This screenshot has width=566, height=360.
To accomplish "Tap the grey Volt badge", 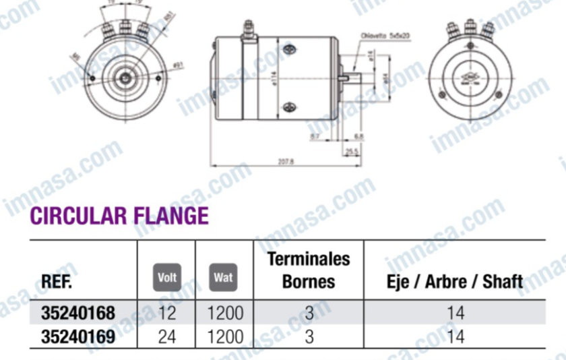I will click(x=166, y=277).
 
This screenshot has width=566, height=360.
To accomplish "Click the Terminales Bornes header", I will click(x=309, y=270).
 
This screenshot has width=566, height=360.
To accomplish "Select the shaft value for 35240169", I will click(x=455, y=334).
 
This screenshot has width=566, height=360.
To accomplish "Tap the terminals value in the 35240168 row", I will click(x=309, y=313).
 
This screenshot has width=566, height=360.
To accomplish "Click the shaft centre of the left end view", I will click(x=125, y=78).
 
